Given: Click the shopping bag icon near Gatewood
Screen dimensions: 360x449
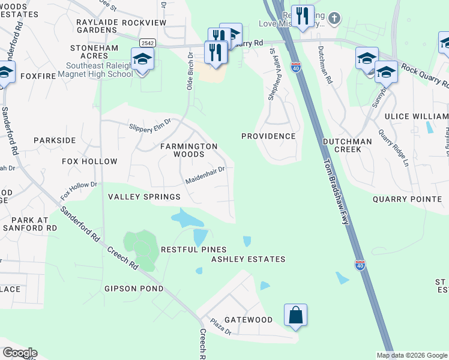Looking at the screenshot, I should coord(295,315).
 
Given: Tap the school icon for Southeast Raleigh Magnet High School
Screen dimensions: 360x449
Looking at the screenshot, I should coord(142,59).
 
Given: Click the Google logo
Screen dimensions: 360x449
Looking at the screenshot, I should coord(19,353).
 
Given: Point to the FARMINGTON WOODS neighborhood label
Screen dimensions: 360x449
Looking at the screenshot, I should coord(188,150).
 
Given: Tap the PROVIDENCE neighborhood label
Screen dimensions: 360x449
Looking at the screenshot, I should coord(268,136).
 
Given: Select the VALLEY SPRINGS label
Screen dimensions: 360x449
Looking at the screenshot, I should coord(143,197).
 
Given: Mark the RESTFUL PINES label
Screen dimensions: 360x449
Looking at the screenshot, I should coord(193,250).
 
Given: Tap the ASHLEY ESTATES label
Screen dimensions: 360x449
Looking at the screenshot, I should coord(248,259).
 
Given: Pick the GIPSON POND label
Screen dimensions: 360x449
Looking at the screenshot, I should coord(134,289).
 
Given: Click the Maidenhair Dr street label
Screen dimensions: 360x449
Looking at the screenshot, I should coord(205,174).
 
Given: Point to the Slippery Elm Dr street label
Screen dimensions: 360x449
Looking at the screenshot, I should coord(151,125).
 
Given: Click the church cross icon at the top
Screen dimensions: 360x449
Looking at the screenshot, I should coord(334,19).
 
